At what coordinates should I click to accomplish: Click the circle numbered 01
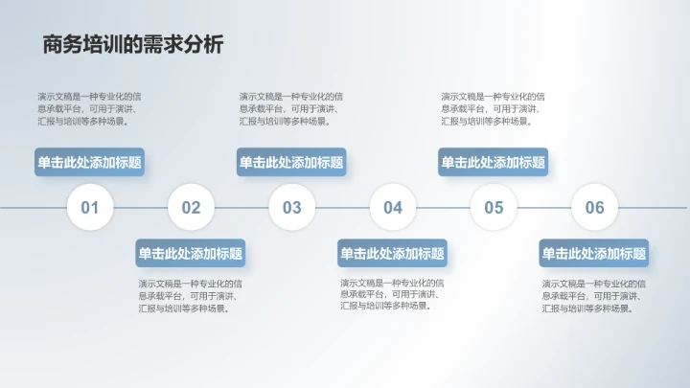[x=90, y=207]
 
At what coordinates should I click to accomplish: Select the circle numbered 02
[x=191, y=207]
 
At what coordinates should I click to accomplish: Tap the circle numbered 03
[x=291, y=207]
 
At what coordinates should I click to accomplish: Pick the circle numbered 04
[x=393, y=207]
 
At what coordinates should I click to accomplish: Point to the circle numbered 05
[x=494, y=207]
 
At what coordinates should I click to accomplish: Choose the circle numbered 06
[x=595, y=207]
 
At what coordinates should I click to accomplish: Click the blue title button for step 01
[x=90, y=162]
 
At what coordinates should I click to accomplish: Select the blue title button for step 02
[x=191, y=253]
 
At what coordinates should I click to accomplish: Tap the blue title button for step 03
[x=291, y=162]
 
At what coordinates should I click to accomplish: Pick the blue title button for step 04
[x=393, y=253]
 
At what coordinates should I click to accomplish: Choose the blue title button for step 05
[x=494, y=162]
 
